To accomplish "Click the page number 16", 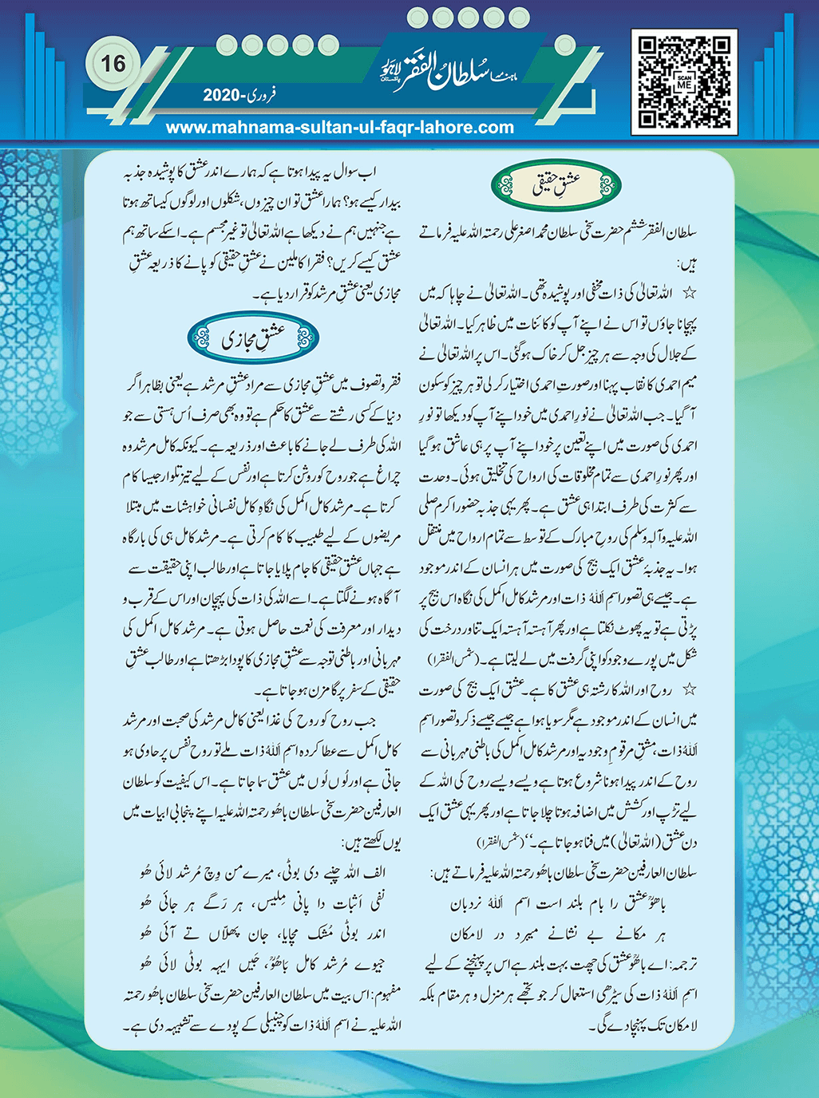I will click(x=113, y=64).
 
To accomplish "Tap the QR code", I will click(x=684, y=81).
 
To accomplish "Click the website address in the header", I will click(x=339, y=127).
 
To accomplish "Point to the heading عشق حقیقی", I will click(x=556, y=186).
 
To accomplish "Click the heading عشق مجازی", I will click(x=253, y=339).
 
